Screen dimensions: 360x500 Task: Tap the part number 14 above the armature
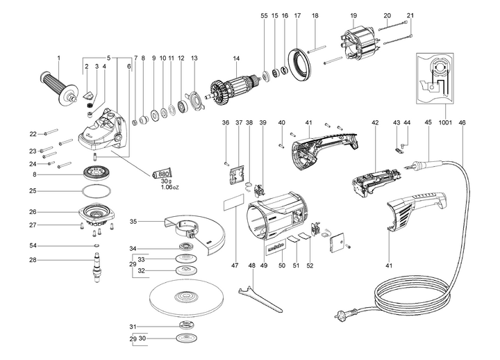point(236,57)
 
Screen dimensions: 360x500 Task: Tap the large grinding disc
point(188,299)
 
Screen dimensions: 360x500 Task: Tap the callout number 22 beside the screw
point(32,133)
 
